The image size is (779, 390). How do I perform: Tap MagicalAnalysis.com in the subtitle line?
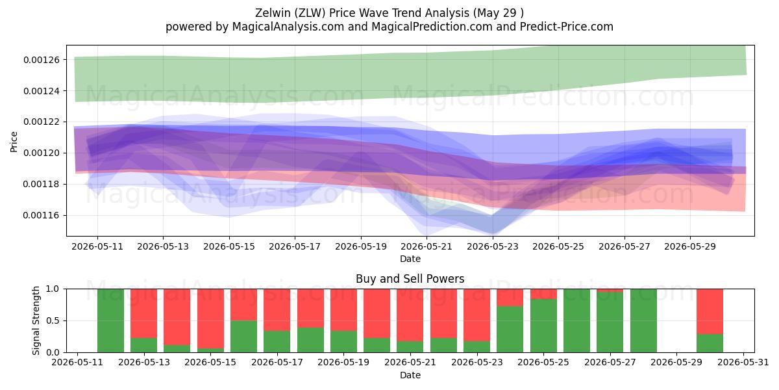click(x=288, y=27)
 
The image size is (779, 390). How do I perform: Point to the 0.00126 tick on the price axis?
click(x=42, y=60)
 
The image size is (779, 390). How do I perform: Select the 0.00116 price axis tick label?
click(x=42, y=216)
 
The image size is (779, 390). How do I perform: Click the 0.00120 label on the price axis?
click(x=42, y=153)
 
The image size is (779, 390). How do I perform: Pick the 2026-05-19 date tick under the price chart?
click(x=361, y=246)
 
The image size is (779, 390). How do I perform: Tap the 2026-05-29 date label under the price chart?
click(x=690, y=246)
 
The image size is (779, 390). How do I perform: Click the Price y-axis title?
click(x=14, y=142)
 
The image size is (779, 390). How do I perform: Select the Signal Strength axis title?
click(x=36, y=320)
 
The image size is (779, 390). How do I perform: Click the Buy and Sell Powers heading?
click(x=410, y=279)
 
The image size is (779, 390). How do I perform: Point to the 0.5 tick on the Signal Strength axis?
click(x=53, y=320)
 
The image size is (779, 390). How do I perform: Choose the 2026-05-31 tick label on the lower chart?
click(x=743, y=363)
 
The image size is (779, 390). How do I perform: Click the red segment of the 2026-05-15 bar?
click(x=211, y=318)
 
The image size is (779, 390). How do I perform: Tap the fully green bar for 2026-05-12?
click(x=110, y=320)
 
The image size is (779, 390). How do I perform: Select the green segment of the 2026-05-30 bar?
click(x=710, y=343)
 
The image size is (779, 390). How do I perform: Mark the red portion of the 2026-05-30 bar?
click(x=710, y=311)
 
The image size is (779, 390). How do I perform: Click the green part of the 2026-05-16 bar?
click(x=244, y=337)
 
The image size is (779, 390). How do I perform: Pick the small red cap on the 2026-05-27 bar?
click(x=610, y=291)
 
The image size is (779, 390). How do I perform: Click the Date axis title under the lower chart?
click(x=410, y=375)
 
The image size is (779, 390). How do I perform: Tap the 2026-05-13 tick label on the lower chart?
click(x=144, y=363)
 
